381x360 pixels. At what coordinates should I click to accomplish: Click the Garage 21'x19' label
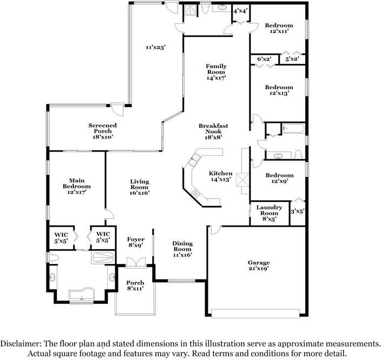259,265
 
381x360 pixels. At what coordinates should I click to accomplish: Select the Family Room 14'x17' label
216,72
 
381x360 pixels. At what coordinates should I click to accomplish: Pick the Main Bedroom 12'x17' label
77,186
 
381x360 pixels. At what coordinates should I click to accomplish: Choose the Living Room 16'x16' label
140,187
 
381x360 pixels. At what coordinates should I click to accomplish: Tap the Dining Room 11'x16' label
182,249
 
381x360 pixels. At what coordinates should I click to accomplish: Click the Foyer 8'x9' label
136,243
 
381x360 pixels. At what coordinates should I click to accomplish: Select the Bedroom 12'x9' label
279,178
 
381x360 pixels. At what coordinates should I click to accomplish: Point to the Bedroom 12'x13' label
279,90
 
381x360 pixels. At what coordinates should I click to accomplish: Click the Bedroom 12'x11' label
279,28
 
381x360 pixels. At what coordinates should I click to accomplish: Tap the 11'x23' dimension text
155,47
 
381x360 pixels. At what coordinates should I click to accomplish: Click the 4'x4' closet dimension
240,11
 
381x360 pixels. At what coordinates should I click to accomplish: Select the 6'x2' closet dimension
264,59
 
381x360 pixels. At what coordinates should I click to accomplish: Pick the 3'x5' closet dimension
298,212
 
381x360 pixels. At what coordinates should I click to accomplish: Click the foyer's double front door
136,263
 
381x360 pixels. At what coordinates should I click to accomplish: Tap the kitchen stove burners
196,193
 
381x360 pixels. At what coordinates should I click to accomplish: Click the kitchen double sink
194,160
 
